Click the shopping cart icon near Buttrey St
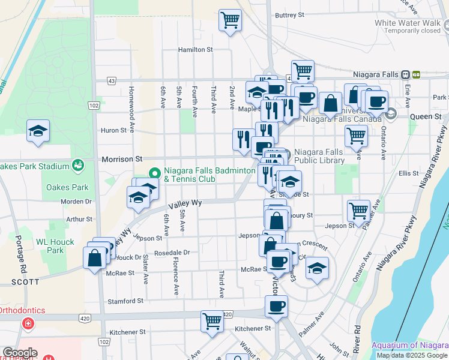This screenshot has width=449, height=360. point(230,20)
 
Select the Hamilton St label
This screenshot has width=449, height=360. point(196,50)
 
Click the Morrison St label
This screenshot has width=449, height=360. point(122,159)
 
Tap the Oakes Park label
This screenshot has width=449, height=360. point(63,187)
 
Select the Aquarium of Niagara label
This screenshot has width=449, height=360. point(410,345)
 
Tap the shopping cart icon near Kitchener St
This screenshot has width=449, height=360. point(212,321)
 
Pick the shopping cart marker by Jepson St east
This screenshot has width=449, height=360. point(358,211)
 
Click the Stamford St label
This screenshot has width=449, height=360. point(125,301)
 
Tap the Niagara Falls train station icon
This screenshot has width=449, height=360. point(406,74)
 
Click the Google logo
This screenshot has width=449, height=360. point(20,353)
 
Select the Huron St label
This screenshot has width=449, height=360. point(113,130)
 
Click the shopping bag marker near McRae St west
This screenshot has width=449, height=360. point(95,259)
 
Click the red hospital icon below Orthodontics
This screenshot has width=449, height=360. point(28,325)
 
